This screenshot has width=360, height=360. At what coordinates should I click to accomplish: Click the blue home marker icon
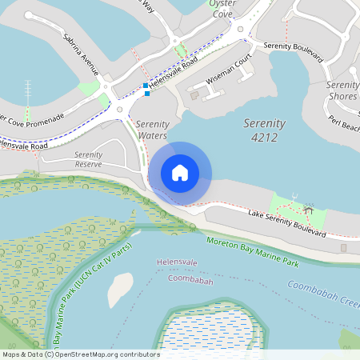coord(180,172)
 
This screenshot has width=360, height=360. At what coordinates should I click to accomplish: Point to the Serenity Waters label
coord(151,130)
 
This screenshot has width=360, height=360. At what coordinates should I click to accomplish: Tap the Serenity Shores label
coord(342,90)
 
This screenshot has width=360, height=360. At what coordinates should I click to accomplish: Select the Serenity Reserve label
coord(88,159)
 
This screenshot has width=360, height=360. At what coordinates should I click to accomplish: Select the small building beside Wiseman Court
coord(194,96)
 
